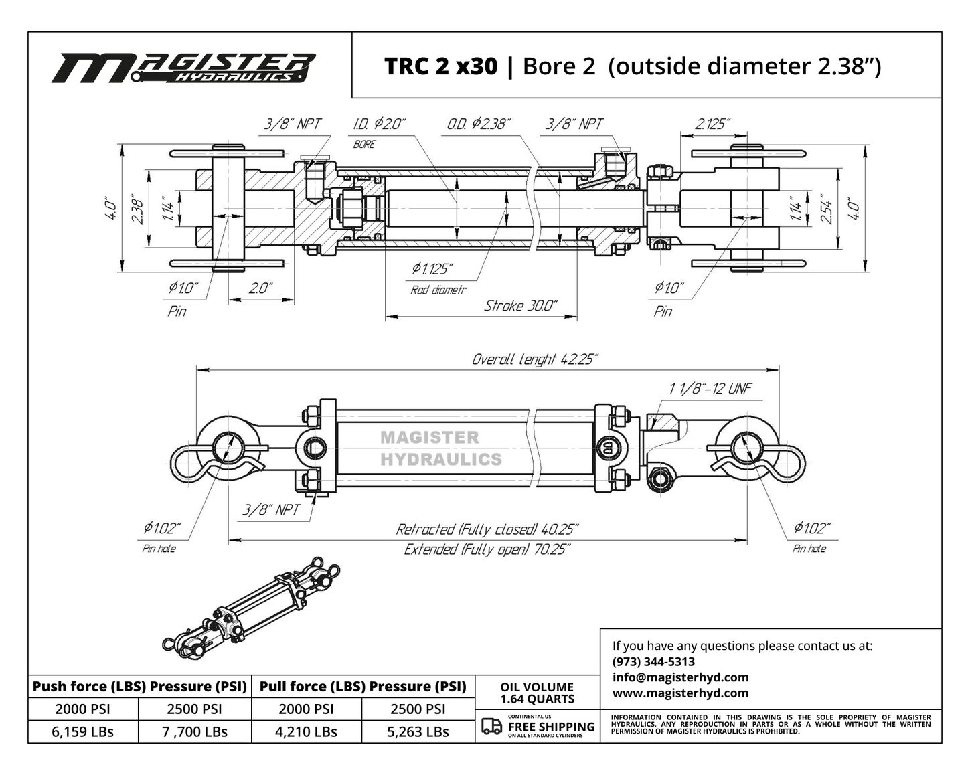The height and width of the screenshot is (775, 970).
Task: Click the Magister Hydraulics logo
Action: (x=183, y=68)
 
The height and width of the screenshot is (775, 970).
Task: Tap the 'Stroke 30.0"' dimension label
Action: (x=521, y=306)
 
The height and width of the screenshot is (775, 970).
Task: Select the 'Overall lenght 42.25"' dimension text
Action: (x=535, y=359)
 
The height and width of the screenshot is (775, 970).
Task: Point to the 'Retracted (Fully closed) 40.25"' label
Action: (x=487, y=529)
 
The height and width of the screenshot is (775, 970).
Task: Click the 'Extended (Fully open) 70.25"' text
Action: (x=487, y=549)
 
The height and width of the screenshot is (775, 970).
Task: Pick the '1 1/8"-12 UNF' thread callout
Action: (x=710, y=388)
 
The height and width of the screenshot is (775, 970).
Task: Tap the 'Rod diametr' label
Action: (x=438, y=290)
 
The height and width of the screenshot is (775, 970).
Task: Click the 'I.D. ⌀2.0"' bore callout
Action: (x=380, y=124)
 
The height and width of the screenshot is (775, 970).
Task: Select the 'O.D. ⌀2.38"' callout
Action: (x=479, y=124)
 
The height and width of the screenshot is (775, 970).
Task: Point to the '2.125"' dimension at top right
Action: (x=712, y=124)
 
